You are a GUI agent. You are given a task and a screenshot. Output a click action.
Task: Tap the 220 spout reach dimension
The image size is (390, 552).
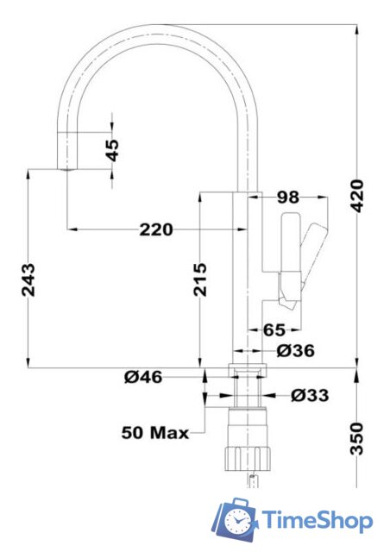coord(155,229)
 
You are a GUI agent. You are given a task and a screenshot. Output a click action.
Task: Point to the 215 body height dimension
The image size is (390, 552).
coord(200,279)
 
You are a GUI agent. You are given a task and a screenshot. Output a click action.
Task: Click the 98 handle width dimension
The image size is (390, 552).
coord(288,198)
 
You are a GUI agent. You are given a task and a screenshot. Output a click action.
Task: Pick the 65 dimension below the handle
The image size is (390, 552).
coord(274,329)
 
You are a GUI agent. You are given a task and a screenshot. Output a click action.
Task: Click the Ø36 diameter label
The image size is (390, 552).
coord(295,350)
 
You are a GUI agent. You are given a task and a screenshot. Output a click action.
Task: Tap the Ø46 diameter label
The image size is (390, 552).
coord(144,377)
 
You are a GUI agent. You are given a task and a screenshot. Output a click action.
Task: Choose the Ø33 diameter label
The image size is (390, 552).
coord(310,396)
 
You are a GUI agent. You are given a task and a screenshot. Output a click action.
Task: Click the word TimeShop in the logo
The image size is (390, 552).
coord(318,521)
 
